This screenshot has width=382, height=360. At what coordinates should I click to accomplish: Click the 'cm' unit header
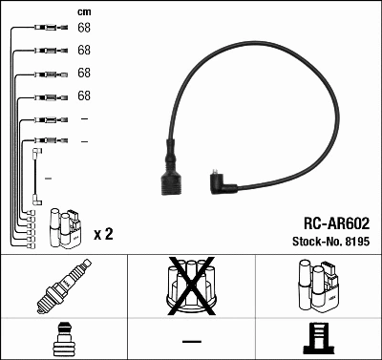click(83, 11)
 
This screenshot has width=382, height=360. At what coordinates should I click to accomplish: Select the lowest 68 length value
click(84, 95)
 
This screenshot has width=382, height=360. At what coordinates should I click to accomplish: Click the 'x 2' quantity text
click(103, 234)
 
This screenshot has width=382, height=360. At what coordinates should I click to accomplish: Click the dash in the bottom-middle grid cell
click(192, 340)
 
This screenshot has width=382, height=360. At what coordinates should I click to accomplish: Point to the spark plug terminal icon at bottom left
click(64, 339)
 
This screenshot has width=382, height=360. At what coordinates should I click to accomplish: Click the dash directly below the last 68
click(84, 118)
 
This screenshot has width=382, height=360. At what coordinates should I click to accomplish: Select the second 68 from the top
click(84, 50)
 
